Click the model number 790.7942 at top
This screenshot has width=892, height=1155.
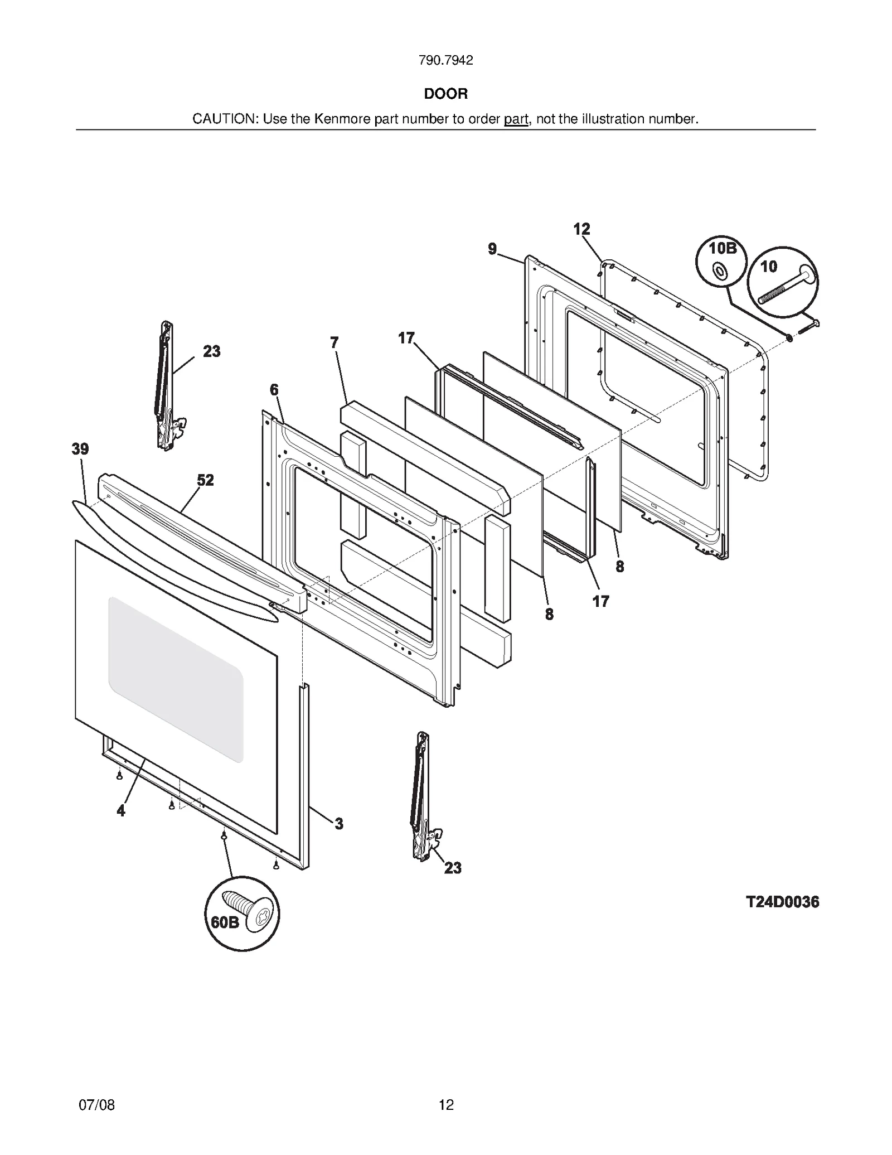point(445,61)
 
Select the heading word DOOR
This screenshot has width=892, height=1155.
point(445,94)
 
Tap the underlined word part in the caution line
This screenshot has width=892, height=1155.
point(516,119)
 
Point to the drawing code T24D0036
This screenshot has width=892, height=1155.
point(782,902)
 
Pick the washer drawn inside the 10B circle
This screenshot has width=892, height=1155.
point(720,272)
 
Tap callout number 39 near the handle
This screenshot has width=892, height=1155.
point(80,449)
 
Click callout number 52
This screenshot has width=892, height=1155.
point(205,480)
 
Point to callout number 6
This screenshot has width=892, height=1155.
point(274,390)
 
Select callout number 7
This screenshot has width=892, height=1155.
point(334,342)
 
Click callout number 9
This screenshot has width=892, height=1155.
point(492,249)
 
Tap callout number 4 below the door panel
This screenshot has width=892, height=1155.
point(121,811)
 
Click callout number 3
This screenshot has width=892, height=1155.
point(338,823)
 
